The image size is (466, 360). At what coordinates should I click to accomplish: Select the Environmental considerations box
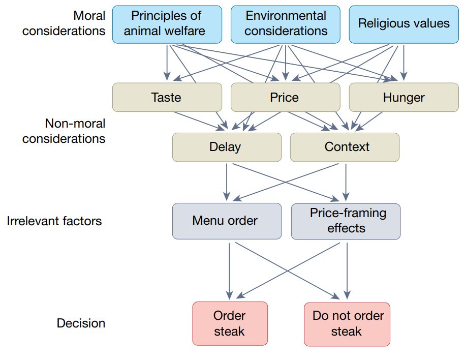coord(286,24)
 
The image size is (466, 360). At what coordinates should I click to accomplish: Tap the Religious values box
coord(403,24)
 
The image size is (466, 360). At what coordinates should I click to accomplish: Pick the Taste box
coord(167,97)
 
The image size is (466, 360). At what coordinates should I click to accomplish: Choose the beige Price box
coord(285,97)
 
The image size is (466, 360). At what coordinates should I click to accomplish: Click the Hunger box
coord(403,97)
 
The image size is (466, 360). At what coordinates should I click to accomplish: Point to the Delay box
coord(226,147)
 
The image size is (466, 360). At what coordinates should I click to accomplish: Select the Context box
coord(345,147)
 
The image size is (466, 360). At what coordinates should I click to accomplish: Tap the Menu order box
coord(226,221)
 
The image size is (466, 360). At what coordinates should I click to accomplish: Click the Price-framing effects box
coord(346,221)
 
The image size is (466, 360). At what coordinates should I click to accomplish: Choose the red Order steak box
coord(230,323)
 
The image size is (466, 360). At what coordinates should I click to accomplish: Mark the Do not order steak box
coord(348,323)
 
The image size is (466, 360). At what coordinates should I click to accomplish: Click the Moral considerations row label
coord(65,23)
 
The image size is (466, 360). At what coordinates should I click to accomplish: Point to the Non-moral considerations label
coord(65,131)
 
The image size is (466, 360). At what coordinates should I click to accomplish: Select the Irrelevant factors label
coord(54,221)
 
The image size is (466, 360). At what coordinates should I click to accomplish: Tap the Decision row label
coord(81,323)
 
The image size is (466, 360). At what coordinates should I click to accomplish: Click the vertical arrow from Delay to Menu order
coord(227,182)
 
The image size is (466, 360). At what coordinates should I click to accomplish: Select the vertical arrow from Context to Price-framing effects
coord(346,182)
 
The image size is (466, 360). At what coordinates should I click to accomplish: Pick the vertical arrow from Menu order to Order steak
coord(230,270)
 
